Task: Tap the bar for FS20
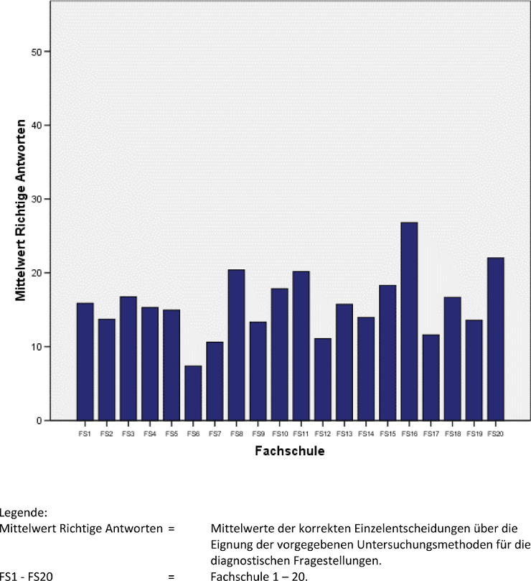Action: click(495, 338)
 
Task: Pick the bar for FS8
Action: click(236, 345)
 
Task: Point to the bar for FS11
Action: click(301, 345)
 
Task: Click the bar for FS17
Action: click(431, 377)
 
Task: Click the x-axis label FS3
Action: click(128, 434)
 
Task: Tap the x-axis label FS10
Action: click(280, 434)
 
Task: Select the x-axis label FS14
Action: click(365, 434)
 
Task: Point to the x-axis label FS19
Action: click(474, 434)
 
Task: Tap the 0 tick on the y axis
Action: click(44, 421)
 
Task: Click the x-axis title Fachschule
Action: click(289, 452)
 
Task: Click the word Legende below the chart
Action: click(24, 513)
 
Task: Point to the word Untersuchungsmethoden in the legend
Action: click(380, 543)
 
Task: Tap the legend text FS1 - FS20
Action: click(27, 575)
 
